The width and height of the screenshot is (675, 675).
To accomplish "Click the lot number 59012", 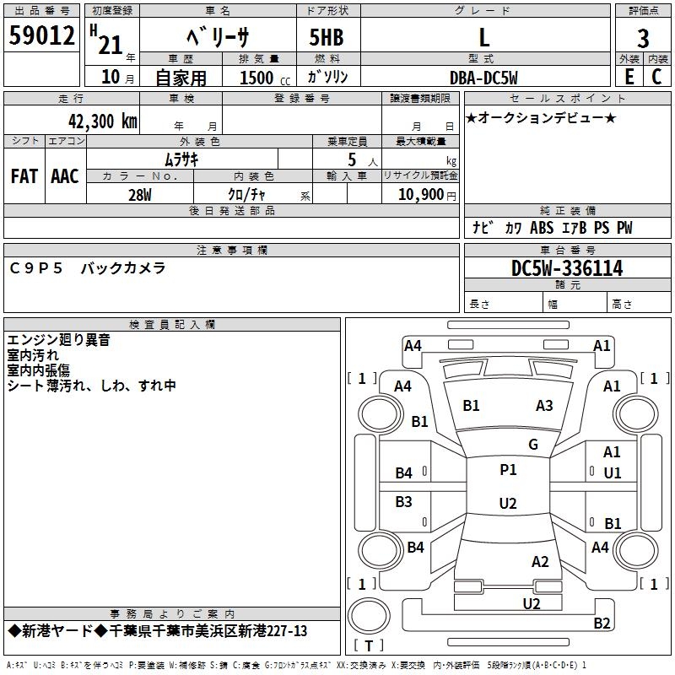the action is pyautogui.click(x=41, y=35).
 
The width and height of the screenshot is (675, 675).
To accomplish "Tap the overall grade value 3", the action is pyautogui.click(x=643, y=39).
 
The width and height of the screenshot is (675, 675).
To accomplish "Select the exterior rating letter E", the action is pyautogui.click(x=629, y=77).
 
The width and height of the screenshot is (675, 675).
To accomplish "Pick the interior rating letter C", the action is pyautogui.click(x=656, y=77).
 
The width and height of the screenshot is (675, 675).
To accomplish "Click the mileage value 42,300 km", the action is pyautogui.click(x=103, y=121).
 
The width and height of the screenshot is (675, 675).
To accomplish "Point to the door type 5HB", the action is pyautogui.click(x=327, y=37).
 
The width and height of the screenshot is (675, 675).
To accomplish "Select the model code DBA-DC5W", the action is pyautogui.click(x=483, y=78).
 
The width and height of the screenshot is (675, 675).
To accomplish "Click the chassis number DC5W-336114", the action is pyautogui.click(x=567, y=268).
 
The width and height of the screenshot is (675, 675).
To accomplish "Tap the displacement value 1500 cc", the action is pyautogui.click(x=265, y=78).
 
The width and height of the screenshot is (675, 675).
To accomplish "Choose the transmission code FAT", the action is pyautogui.click(x=24, y=176).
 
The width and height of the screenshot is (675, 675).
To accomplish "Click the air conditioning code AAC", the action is pyautogui.click(x=65, y=176).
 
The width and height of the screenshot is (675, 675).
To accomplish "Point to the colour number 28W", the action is pyautogui.click(x=140, y=195).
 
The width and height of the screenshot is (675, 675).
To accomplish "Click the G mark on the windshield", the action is pyautogui.click(x=533, y=445).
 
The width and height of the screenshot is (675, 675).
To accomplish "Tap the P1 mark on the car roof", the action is pyautogui.click(x=508, y=470).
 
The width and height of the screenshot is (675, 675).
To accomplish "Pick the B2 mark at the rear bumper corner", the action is pyautogui.click(x=602, y=623).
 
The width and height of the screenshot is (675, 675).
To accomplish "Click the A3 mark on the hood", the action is pyautogui.click(x=544, y=406).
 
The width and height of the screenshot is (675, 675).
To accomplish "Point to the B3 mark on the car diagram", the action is pyautogui.click(x=403, y=502).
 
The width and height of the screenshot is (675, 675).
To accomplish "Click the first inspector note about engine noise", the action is pyautogui.click(x=58, y=340).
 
